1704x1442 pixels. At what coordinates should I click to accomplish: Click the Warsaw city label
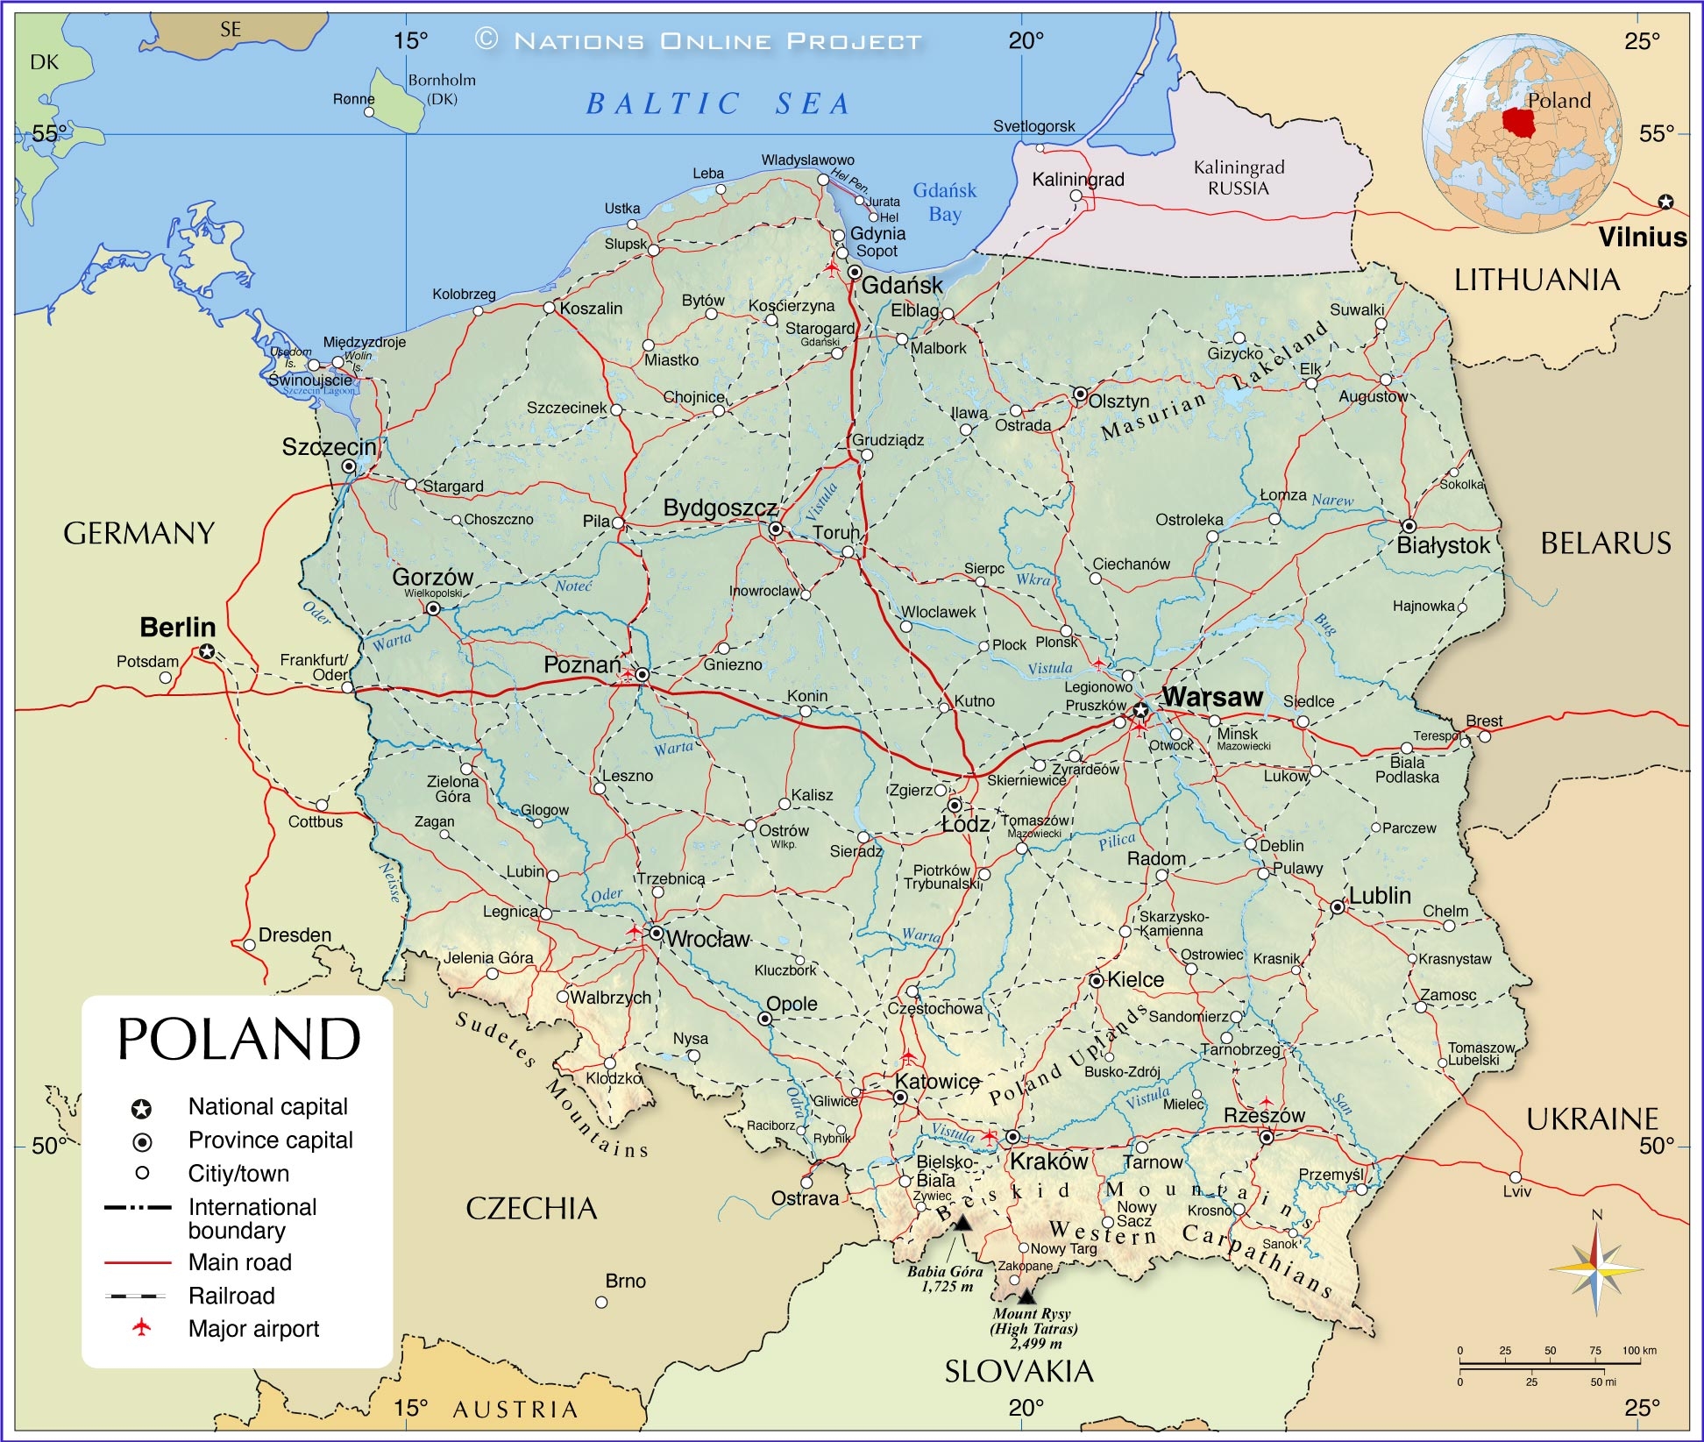click(1212, 698)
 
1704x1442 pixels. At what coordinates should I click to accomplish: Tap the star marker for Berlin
click(207, 651)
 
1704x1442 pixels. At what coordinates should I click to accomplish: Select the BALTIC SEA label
click(718, 103)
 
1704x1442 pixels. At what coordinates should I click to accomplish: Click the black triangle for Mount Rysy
click(1026, 1296)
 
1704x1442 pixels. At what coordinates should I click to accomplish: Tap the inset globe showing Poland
click(1522, 133)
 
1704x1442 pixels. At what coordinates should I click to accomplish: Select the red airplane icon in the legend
click(141, 1328)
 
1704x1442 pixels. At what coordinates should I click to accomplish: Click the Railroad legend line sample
click(136, 1296)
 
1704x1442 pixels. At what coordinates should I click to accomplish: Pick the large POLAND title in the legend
click(238, 1040)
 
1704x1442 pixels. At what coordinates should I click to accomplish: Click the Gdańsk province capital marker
click(855, 273)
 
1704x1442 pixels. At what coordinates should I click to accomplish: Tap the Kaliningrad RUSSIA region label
click(1239, 178)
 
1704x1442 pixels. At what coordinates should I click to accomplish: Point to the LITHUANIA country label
click(1537, 281)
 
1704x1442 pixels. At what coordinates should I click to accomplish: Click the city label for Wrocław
click(708, 940)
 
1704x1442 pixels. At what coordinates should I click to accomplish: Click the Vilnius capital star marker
click(1665, 202)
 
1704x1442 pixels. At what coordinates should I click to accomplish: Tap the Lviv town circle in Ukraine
click(1516, 1177)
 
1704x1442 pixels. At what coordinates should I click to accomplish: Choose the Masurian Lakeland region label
click(1214, 382)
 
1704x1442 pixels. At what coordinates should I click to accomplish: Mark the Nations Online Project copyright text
click(699, 40)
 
